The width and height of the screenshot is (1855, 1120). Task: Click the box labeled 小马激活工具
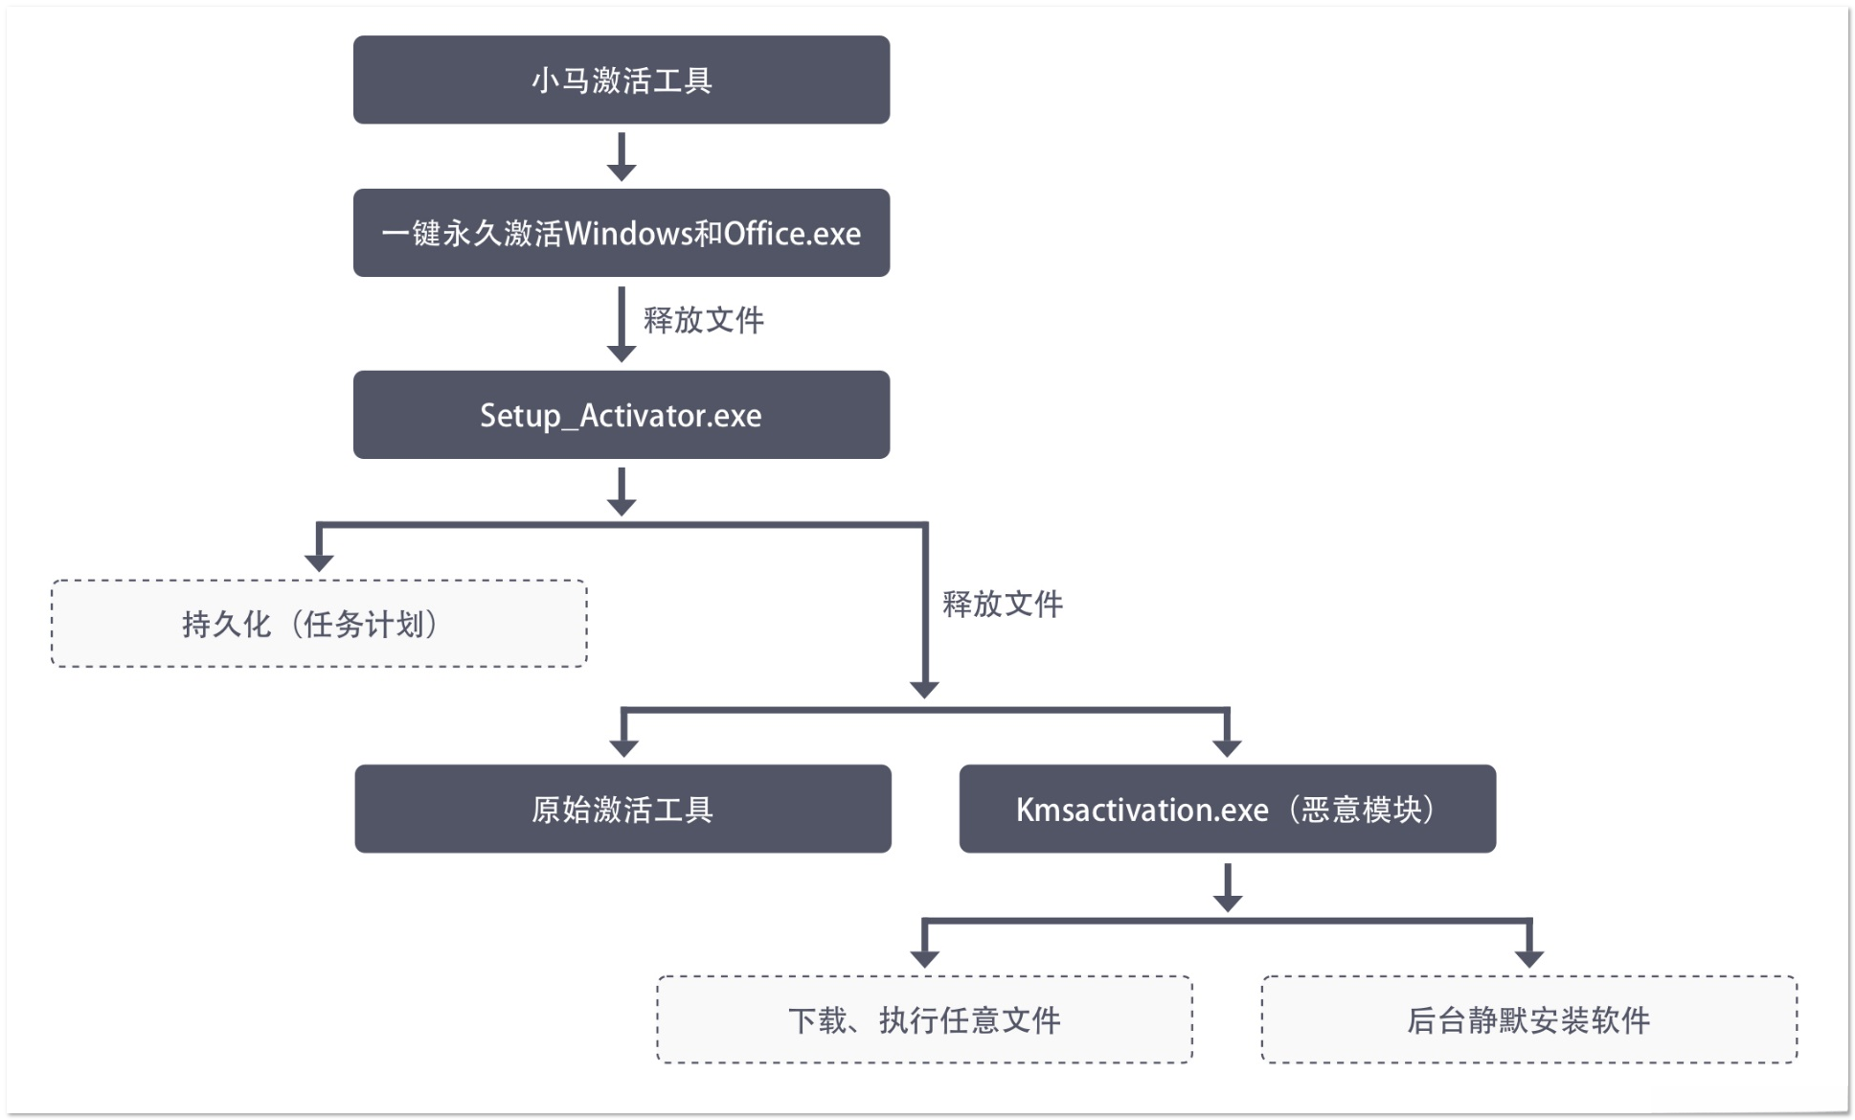[621, 80]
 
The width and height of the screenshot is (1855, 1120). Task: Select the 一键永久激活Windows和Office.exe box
[621, 233]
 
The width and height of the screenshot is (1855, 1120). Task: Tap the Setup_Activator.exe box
[621, 415]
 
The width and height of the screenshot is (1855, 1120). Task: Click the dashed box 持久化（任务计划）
[318, 624]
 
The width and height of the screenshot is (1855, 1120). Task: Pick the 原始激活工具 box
[622, 809]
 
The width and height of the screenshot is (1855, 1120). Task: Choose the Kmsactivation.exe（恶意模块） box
[1227, 809]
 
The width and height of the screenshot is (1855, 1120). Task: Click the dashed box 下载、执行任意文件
[924, 1019]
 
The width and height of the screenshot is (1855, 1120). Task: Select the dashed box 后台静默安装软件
[1528, 1019]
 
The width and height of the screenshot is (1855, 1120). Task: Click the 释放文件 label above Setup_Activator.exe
[703, 320]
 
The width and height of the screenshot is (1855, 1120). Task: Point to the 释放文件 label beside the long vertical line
[1002, 604]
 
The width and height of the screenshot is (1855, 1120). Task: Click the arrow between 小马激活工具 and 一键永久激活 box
[622, 158]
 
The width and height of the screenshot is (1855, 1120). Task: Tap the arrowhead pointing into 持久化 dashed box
[319, 562]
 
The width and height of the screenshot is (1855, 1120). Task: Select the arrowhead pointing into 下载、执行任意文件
[924, 958]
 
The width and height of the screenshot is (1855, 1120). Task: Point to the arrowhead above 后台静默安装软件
[1529, 958]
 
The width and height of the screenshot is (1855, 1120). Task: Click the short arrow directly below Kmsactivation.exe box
[1228, 888]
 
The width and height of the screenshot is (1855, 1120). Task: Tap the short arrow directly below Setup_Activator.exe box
[622, 493]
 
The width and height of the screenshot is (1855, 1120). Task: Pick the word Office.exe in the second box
[792, 234]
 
